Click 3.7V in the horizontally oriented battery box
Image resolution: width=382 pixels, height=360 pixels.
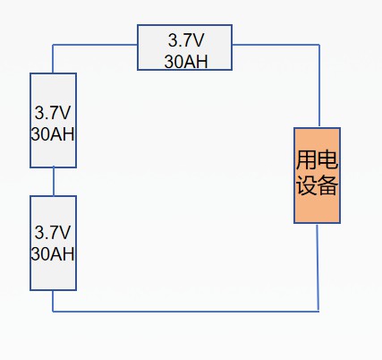pyautogui.click(x=186, y=40)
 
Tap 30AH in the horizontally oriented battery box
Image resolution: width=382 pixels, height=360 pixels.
pyautogui.click(x=186, y=62)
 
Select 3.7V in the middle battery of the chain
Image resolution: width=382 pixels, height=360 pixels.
pyautogui.click(x=53, y=113)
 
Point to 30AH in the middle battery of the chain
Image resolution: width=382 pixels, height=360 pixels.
pyautogui.click(x=53, y=134)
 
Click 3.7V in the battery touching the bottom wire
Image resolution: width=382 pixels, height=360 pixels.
pyautogui.click(x=53, y=232)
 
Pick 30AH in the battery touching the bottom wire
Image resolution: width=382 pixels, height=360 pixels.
pyautogui.click(x=53, y=253)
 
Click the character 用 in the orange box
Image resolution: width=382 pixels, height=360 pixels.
pyautogui.click(x=306, y=159)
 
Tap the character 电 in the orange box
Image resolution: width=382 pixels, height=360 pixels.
pyautogui.click(x=327, y=159)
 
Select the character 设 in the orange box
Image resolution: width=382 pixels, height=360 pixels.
pyautogui.click(x=306, y=185)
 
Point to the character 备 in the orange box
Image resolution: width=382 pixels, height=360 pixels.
pyautogui.click(x=327, y=185)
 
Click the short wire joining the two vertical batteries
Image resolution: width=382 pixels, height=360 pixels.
pyautogui.click(x=54, y=182)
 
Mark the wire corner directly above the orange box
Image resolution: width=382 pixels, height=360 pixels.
pyautogui.click(x=319, y=45)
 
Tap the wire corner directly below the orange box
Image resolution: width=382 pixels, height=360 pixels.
pyautogui.click(x=318, y=312)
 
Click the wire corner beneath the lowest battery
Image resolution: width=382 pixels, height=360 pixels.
pyautogui.click(x=53, y=312)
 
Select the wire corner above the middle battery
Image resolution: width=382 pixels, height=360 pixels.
pyautogui.click(x=53, y=45)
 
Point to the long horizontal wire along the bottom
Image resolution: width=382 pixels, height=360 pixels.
pyautogui.click(x=186, y=312)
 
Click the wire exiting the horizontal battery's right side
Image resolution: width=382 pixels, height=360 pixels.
pyautogui.click(x=276, y=45)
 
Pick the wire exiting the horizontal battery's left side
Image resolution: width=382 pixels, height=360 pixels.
pyautogui.click(x=95, y=45)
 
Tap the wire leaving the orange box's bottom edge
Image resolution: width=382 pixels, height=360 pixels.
pyautogui.click(x=318, y=268)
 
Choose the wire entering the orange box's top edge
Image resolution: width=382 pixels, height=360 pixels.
pyautogui.click(x=319, y=86)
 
